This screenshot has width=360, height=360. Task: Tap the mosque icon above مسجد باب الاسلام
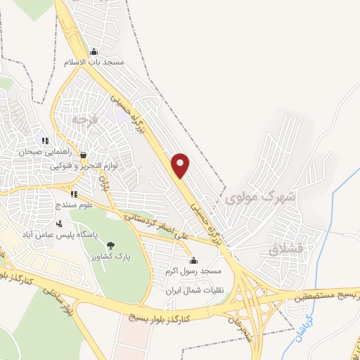click(94, 51)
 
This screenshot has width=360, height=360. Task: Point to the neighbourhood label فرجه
click(83, 121)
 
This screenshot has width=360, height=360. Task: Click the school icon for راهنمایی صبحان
click(44, 141)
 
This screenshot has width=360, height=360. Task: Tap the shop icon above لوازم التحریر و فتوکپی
click(84, 155)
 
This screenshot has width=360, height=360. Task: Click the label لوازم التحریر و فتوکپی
click(84, 167)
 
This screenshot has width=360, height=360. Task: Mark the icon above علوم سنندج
click(74, 193)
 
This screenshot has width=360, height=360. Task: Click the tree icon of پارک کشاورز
click(110, 245)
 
